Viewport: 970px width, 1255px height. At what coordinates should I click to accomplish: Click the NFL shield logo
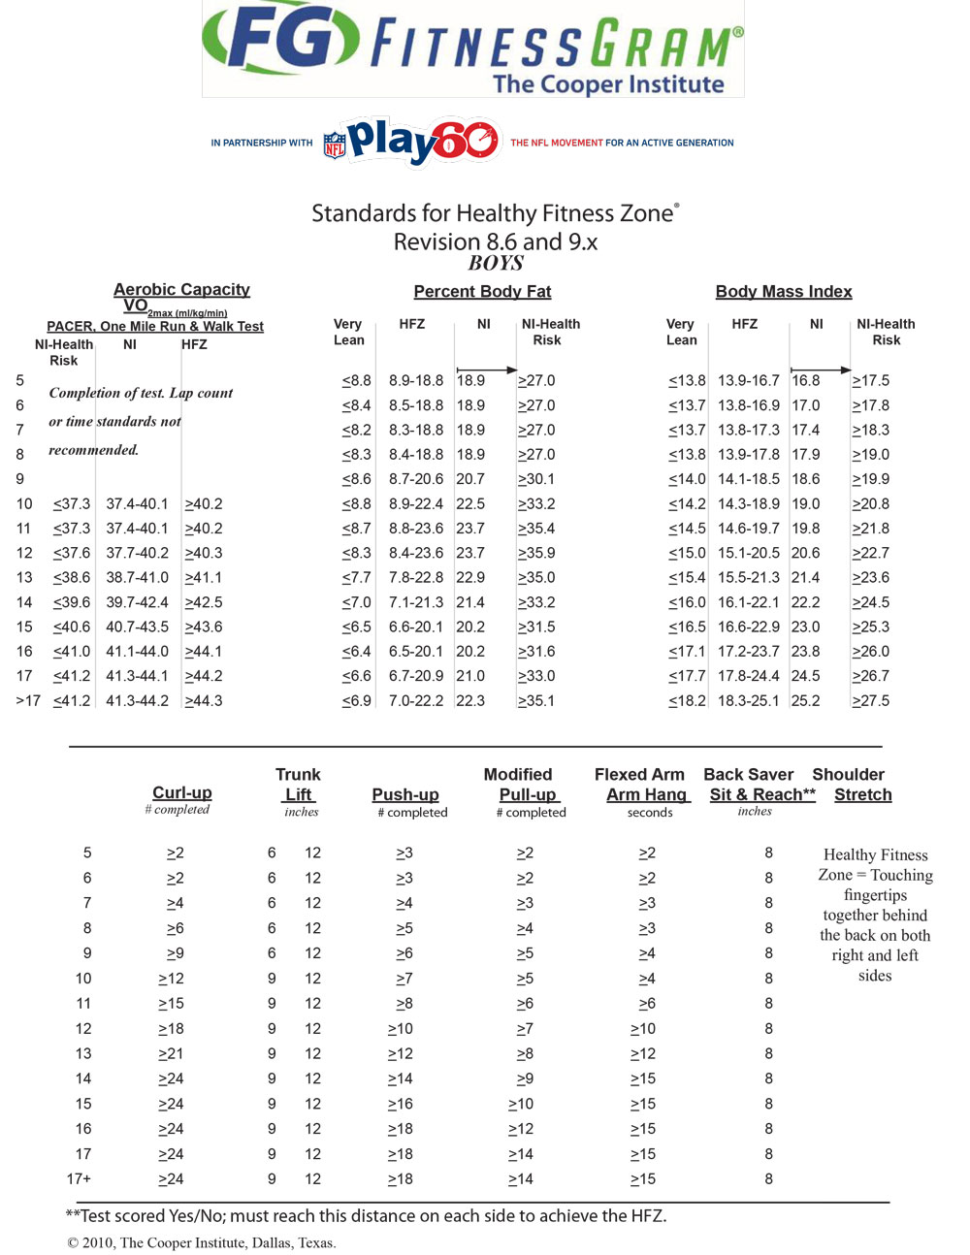[x=335, y=145]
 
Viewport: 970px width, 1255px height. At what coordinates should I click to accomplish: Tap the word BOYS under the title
[x=496, y=263]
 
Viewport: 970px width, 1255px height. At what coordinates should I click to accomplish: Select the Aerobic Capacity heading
[x=181, y=289]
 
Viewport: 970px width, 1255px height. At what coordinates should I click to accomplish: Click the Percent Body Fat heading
[x=482, y=291]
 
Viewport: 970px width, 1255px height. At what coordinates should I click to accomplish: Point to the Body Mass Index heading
[x=783, y=291]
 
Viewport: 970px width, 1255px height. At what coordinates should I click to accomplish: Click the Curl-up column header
[x=181, y=792]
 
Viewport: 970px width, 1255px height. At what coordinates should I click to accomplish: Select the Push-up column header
[x=405, y=794]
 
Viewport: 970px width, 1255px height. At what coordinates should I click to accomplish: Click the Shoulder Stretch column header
[x=849, y=785]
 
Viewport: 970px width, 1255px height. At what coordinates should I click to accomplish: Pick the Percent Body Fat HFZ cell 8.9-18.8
[x=416, y=380]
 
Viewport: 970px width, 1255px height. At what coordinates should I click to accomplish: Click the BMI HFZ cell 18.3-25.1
[x=748, y=700]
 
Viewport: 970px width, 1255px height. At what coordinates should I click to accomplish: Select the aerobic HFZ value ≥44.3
[x=203, y=700]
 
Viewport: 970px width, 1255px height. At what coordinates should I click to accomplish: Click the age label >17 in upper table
[x=28, y=700]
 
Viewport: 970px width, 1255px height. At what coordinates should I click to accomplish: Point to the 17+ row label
[x=79, y=1178]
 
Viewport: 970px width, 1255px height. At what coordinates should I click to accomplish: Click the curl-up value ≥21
[x=171, y=1053]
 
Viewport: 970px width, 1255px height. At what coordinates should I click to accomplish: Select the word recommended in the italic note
[x=93, y=450]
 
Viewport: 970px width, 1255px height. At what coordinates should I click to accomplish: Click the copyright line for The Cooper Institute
[x=202, y=1242]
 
